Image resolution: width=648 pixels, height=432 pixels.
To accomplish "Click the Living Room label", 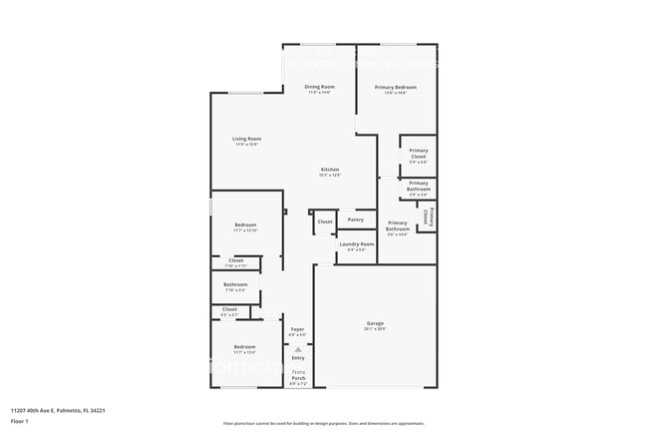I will [246, 139].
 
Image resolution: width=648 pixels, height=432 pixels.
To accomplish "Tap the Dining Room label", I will [319, 87].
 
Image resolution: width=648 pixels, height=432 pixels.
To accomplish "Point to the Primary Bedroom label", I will [396, 87].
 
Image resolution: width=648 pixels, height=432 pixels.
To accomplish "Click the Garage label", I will [375, 323].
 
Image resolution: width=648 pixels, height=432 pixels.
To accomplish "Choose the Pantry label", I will [355, 219].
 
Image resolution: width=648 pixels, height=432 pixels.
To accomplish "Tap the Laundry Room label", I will [356, 244].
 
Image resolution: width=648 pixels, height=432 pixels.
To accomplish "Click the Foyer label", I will [297, 329].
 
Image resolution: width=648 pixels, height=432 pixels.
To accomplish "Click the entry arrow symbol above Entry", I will [297, 348].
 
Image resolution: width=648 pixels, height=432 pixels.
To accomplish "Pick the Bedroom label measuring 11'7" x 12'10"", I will [245, 225].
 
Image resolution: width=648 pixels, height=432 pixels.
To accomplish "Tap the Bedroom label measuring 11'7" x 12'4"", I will [244, 348].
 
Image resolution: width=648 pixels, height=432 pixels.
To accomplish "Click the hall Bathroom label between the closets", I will [235, 284].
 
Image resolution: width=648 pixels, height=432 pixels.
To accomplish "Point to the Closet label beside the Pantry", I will [325, 221].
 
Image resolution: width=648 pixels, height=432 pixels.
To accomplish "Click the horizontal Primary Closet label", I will [418, 155].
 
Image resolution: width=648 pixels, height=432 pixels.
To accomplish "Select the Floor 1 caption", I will [20, 422].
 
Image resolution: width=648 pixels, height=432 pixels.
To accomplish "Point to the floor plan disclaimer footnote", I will [324, 423].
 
